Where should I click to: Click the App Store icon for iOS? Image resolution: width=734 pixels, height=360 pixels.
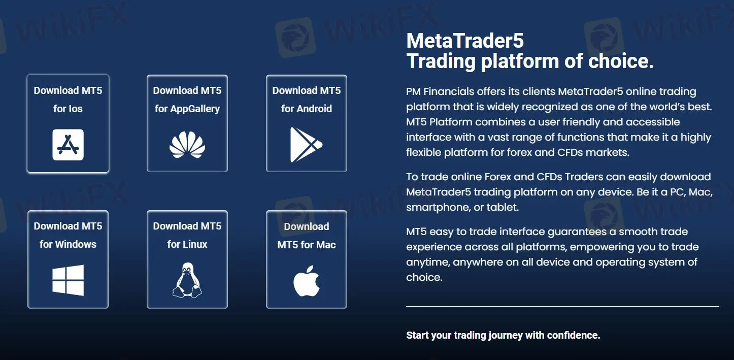point(68,145)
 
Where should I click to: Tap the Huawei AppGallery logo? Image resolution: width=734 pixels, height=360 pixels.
point(187,145)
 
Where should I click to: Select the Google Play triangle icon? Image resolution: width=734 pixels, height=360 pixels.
point(306,145)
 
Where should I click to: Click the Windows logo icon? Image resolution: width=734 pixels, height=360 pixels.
point(68,280)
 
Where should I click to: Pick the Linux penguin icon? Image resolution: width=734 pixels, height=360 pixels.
point(187,280)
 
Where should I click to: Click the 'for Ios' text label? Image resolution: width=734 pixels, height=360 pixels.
point(68,109)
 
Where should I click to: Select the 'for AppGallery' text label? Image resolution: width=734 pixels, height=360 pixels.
point(187,109)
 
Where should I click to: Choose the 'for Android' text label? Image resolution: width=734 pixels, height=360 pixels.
point(306,109)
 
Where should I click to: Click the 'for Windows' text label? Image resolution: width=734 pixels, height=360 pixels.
point(68,244)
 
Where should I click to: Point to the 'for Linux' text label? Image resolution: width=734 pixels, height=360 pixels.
point(187,244)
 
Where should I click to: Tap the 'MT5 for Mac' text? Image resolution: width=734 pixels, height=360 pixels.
point(306,245)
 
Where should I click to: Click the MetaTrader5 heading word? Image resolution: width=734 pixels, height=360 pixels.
point(465,41)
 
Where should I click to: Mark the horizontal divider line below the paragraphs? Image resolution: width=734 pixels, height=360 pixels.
point(562,307)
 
